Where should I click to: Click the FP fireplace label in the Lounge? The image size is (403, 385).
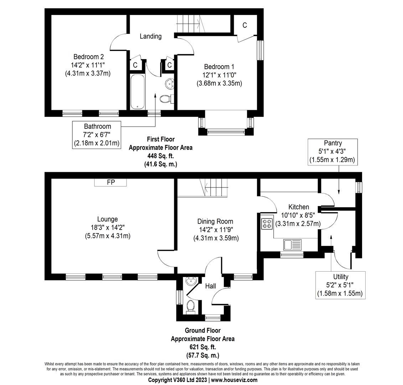click(x=110, y=182)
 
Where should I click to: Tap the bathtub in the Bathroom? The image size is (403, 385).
click(x=138, y=92)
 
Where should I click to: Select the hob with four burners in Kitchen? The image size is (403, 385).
click(x=267, y=224)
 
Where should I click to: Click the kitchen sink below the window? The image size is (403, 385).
click(x=292, y=245)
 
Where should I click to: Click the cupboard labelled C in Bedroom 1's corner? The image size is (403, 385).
click(x=245, y=25)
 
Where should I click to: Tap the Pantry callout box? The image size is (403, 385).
click(x=333, y=152)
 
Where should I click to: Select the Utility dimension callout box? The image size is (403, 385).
click(x=341, y=285)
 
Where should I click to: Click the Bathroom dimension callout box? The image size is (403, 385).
click(x=97, y=135)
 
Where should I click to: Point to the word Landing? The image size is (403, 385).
click(x=150, y=36)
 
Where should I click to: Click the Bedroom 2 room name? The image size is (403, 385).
click(x=88, y=57)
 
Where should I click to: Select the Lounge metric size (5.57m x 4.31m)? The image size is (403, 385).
click(x=107, y=236)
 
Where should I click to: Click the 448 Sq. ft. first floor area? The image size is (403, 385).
click(x=160, y=156)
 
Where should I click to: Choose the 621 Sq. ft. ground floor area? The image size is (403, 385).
click(x=202, y=346)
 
